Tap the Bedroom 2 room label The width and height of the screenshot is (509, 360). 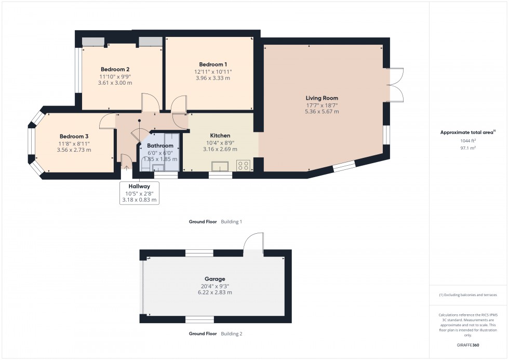[115, 69]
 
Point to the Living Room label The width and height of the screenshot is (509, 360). [322, 98]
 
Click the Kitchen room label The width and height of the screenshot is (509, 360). [220, 136]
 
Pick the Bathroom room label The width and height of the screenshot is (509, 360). [160, 146]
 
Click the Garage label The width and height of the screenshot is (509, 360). [215, 279]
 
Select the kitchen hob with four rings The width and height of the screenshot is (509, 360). [243, 166]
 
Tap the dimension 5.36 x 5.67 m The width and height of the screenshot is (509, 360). [322, 112]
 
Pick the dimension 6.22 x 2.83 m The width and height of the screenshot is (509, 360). [215, 292]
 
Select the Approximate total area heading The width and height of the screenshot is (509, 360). [467, 132]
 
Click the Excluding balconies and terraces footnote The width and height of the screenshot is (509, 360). [467, 295]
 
